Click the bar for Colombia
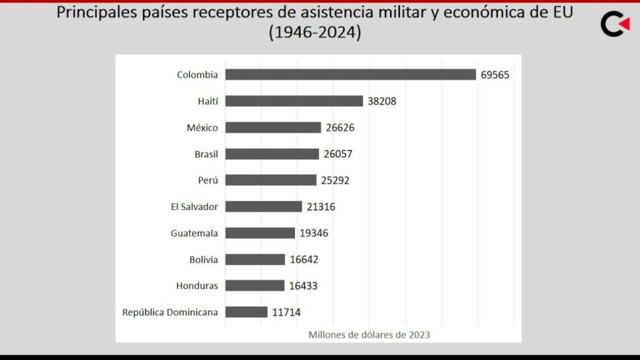point(350,74)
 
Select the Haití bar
point(294,101)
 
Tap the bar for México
point(273,127)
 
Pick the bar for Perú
point(271,180)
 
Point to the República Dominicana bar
point(246,312)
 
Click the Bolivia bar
point(255,259)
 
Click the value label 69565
point(495,75)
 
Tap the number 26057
point(339,154)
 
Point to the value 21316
point(321,207)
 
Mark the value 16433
point(304,286)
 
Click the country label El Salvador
point(194,206)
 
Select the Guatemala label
point(194,233)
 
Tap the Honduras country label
point(197,286)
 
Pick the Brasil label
point(206,154)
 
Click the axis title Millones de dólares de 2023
point(369,334)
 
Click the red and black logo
point(615,24)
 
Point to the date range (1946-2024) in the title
point(315,32)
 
